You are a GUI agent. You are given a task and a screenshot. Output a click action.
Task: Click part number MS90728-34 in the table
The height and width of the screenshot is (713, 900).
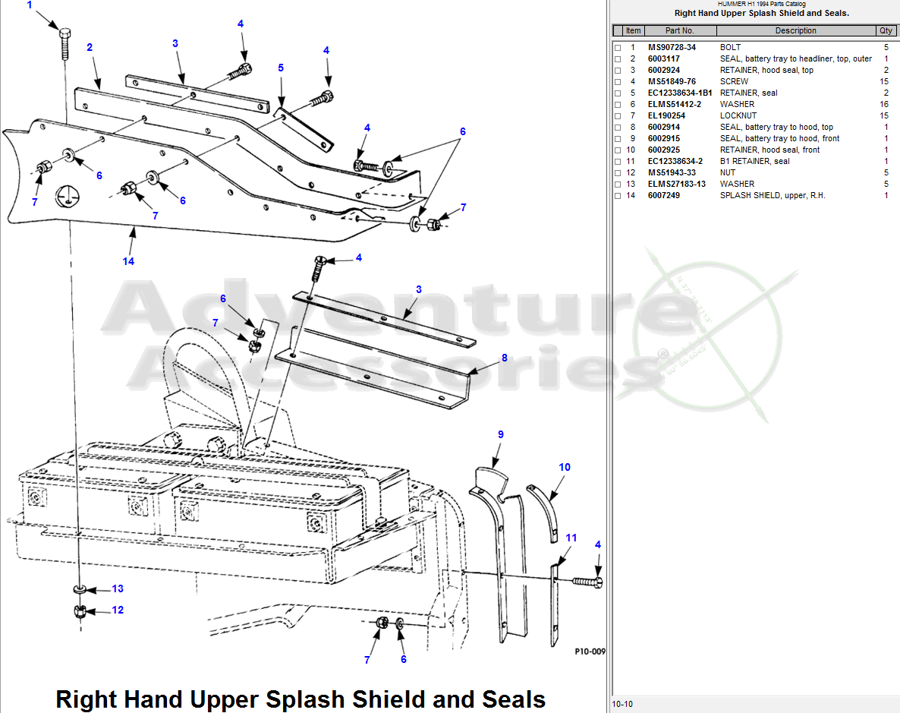(x=672, y=47)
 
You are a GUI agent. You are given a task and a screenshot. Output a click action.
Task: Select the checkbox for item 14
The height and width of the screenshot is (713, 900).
(x=618, y=196)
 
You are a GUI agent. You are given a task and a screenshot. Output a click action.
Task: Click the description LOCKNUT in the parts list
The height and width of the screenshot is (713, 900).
(x=738, y=115)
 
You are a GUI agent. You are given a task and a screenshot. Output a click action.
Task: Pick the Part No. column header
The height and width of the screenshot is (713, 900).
(x=679, y=30)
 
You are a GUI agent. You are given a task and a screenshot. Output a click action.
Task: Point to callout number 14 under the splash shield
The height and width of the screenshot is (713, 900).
(x=128, y=261)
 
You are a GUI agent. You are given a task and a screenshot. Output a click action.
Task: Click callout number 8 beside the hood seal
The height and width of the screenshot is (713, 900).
(x=504, y=358)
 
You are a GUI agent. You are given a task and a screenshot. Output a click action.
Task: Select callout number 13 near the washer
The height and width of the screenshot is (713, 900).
(x=118, y=588)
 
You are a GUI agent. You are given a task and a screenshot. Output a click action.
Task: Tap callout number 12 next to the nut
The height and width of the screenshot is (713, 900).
(x=118, y=610)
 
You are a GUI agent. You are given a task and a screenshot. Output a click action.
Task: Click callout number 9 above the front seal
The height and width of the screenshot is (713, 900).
(x=500, y=434)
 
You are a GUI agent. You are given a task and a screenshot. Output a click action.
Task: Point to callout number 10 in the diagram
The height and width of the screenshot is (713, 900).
(x=565, y=467)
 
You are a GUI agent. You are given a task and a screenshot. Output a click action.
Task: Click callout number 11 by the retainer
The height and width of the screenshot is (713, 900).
(x=571, y=538)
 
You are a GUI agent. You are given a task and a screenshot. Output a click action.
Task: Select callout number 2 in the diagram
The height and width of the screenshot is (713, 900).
(x=90, y=47)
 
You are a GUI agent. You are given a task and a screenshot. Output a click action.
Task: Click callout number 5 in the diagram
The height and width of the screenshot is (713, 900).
(x=281, y=68)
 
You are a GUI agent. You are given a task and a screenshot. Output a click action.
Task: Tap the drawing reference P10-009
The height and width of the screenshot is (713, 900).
(x=590, y=651)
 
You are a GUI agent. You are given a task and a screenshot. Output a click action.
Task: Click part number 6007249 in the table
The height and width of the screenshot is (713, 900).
(x=664, y=195)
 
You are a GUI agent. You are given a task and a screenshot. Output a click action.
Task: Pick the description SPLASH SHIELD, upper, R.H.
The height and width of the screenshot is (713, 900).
(x=773, y=195)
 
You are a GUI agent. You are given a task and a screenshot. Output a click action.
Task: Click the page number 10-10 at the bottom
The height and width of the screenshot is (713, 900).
(x=622, y=704)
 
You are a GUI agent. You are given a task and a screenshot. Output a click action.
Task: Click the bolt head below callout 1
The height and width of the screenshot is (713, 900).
(x=65, y=35)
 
